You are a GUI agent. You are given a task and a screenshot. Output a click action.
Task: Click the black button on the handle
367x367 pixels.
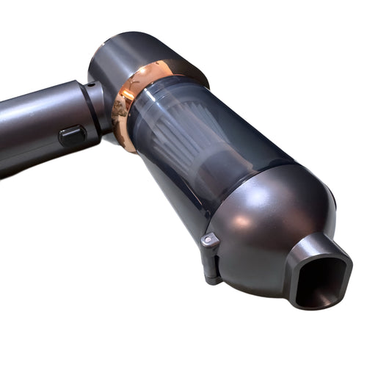pos(72,135)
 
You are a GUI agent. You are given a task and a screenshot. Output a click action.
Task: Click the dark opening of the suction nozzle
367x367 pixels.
pos(317,280)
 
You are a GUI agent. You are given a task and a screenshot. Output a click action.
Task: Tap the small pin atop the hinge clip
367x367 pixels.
pos(208,239)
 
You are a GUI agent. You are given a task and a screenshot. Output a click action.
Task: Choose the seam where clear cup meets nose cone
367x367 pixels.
pos(242,183)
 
